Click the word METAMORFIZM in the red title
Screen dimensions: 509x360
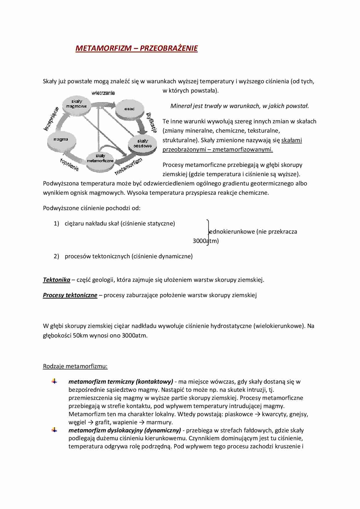click(103, 48)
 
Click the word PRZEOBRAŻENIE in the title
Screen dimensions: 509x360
click(169, 48)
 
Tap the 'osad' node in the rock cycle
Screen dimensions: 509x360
click(129, 109)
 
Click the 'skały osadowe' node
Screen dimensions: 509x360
click(142, 143)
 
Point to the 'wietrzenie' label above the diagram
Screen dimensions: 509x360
click(103, 93)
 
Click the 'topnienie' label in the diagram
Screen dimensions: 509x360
click(69, 165)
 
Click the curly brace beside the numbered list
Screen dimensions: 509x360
click(208, 232)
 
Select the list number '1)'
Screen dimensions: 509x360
click(56, 223)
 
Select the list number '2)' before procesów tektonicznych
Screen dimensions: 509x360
click(56, 256)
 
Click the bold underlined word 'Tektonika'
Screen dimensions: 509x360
click(57, 280)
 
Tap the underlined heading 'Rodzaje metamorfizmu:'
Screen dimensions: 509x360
click(75, 366)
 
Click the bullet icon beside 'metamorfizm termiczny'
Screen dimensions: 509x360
click(54, 381)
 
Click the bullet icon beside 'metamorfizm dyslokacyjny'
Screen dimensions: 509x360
click(54, 430)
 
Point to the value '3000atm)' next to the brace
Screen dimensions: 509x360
click(206, 241)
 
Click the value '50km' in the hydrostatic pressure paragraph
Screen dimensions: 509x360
click(80, 335)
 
